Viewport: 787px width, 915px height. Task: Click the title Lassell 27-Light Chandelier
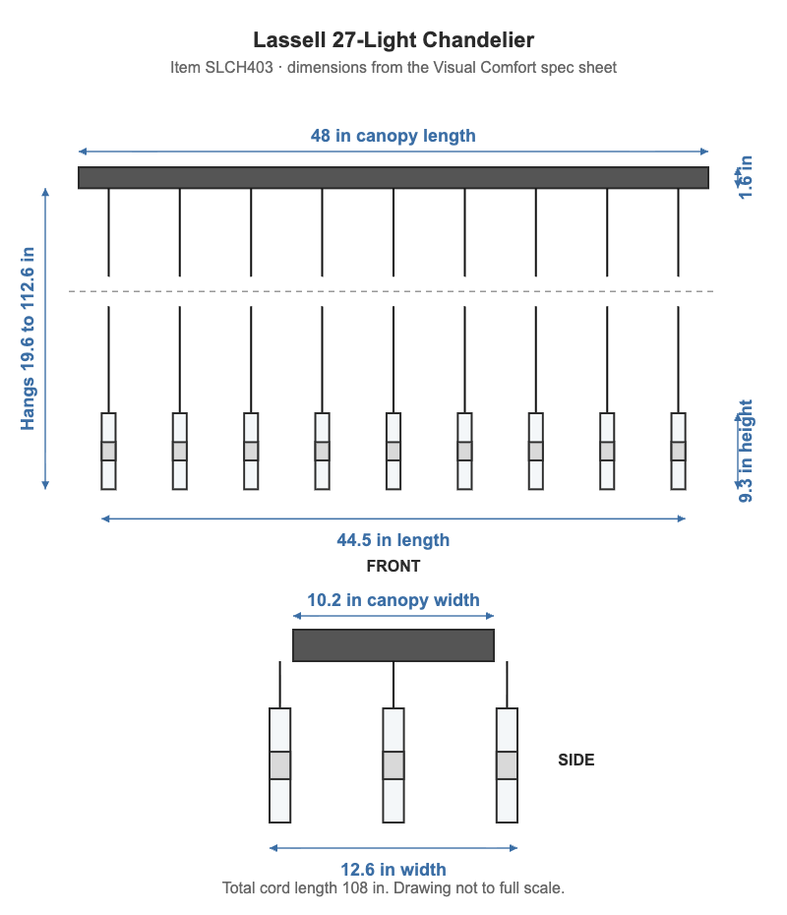click(393, 40)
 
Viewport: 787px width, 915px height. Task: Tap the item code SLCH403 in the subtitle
click(239, 68)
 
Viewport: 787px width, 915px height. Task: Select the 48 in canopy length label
click(393, 136)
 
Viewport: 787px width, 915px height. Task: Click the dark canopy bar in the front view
click(393, 177)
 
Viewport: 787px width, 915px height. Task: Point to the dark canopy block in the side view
click(393, 645)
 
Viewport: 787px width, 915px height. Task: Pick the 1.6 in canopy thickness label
click(746, 177)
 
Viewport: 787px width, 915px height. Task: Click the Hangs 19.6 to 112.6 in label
click(28, 338)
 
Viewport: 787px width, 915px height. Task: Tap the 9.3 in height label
click(746, 451)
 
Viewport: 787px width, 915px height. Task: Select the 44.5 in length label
click(393, 540)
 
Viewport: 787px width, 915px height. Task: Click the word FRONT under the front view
click(393, 566)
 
